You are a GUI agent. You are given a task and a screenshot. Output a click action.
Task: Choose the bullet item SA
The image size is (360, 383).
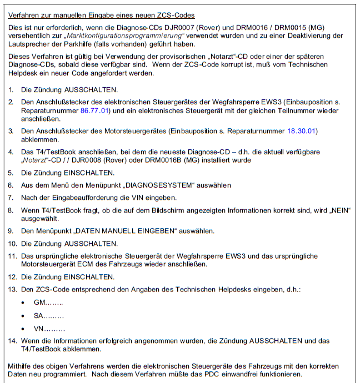pyautogui.click(x=48, y=316)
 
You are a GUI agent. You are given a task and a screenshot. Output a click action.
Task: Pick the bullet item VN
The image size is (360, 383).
pyautogui.click(x=49, y=328)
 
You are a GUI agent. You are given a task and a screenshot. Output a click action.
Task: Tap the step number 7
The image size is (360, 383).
pyautogui.click(x=11, y=198)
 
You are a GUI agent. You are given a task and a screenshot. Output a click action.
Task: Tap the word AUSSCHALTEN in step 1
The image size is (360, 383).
pyautogui.click(x=91, y=90)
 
